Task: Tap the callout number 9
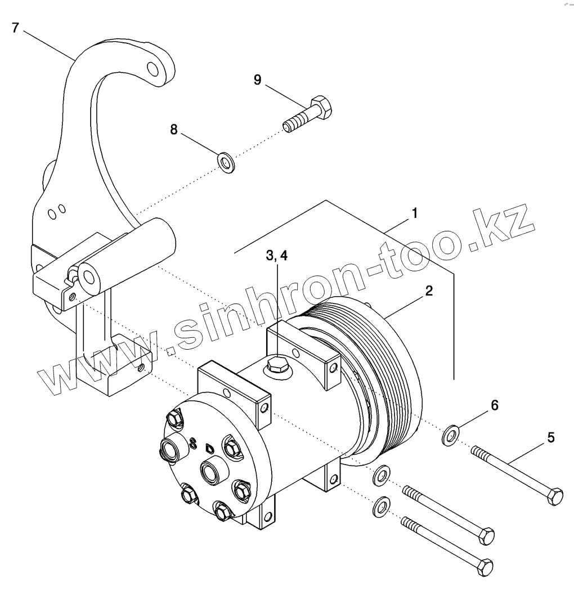click(x=257, y=79)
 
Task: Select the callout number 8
click(x=174, y=130)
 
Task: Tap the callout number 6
click(x=494, y=405)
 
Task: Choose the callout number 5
click(x=550, y=437)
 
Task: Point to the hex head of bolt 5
click(x=555, y=497)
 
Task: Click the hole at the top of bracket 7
click(x=153, y=70)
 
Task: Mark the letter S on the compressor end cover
click(x=194, y=443)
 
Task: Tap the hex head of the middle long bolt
click(x=486, y=535)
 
